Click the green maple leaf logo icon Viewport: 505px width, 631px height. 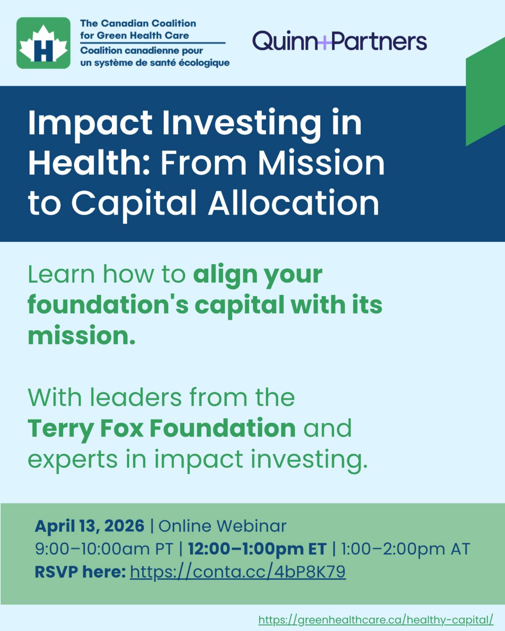[43, 43]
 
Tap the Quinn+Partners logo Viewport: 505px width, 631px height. [339, 41]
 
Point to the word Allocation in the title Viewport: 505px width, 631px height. [293, 203]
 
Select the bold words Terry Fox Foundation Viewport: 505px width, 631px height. [162, 428]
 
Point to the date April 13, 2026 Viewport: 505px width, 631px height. [90, 526]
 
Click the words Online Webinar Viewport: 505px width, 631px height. [223, 526]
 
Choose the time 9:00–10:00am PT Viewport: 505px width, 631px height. [104, 549]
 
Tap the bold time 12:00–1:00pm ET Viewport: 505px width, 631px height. [257, 549]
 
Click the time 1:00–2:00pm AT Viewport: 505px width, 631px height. [405, 549]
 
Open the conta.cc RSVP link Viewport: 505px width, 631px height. [238, 572]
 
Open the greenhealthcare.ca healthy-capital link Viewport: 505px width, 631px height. [376, 620]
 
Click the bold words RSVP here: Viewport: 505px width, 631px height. [80, 572]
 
